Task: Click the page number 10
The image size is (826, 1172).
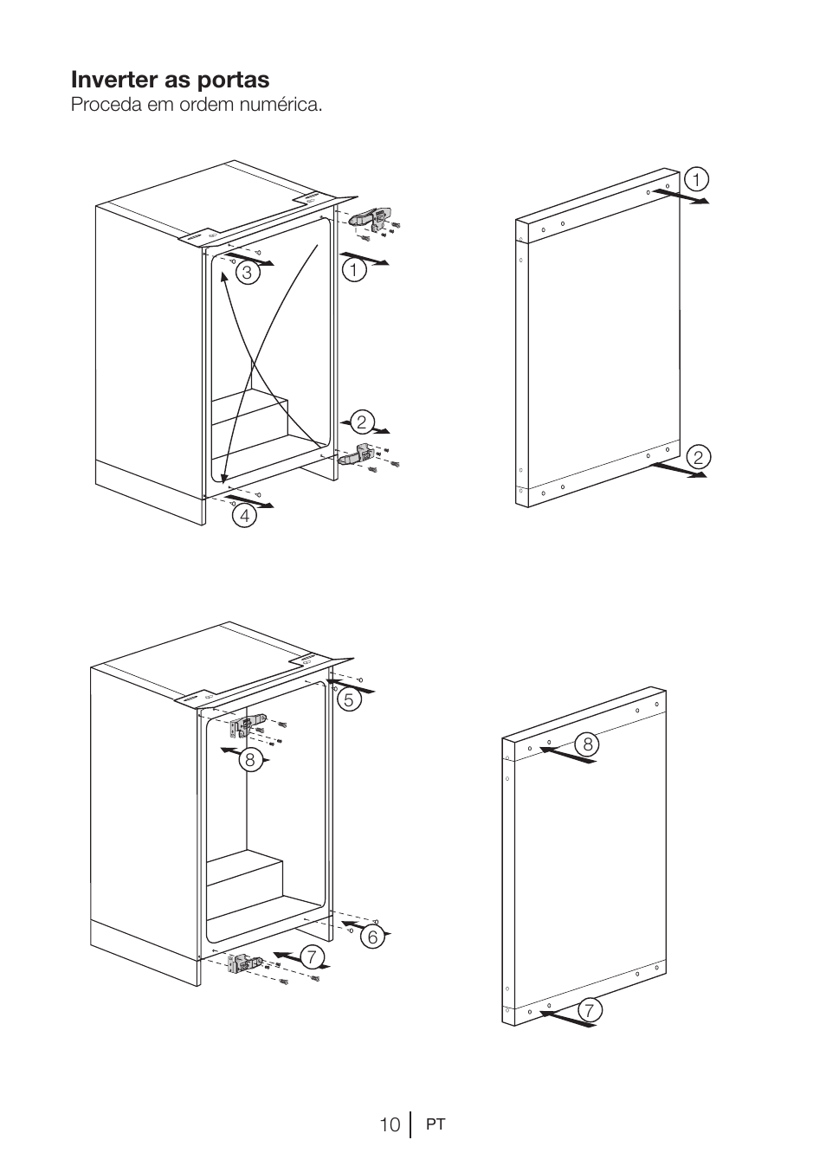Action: pyautogui.click(x=389, y=1124)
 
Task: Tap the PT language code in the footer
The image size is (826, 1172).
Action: pyautogui.click(x=436, y=1125)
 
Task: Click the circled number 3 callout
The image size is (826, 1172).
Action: pyautogui.click(x=248, y=274)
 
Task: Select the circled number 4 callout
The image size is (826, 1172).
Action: pyautogui.click(x=245, y=516)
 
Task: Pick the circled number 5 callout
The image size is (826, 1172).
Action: pyautogui.click(x=349, y=700)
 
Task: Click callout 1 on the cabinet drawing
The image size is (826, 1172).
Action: pyautogui.click(x=353, y=269)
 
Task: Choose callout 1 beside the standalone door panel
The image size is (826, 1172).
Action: pyautogui.click(x=695, y=179)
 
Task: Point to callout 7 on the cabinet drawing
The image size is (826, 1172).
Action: pyautogui.click(x=312, y=956)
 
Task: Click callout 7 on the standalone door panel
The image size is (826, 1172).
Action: pyautogui.click(x=589, y=1009)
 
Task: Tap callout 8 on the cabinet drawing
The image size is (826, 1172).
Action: pyautogui.click(x=249, y=760)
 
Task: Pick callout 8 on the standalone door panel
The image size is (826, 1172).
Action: pyautogui.click(x=588, y=744)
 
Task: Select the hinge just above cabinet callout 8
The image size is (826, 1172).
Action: pyautogui.click(x=248, y=725)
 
